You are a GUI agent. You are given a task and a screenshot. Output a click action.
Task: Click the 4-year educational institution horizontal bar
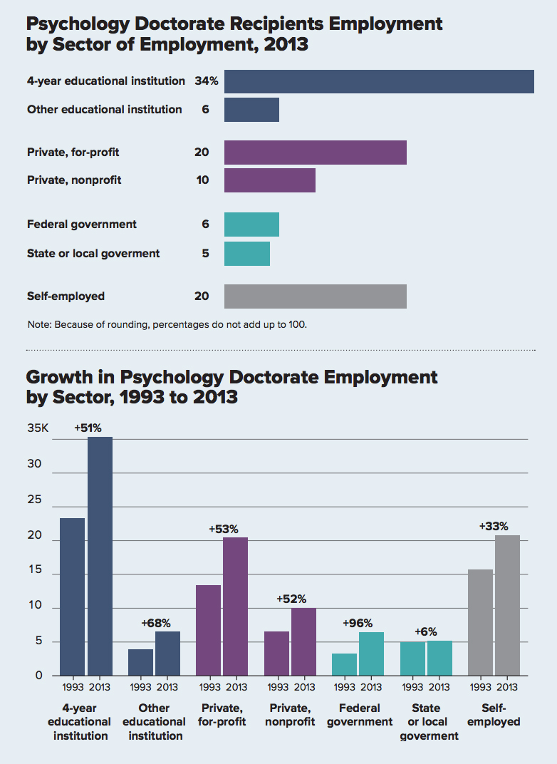tap(379, 81)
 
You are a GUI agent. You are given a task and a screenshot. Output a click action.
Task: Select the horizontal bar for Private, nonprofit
tap(269, 180)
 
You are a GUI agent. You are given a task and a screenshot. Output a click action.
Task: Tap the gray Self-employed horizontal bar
tap(315, 296)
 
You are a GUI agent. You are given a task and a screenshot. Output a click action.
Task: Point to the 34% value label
tap(207, 81)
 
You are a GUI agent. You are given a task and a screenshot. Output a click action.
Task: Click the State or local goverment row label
tap(93, 254)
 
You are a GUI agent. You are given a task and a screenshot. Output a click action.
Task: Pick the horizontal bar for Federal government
tap(251, 224)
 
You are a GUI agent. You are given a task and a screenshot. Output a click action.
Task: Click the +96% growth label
tap(358, 623)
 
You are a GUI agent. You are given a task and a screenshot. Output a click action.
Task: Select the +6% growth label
tap(426, 631)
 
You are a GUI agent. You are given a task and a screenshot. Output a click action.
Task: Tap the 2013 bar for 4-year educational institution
tap(100, 556)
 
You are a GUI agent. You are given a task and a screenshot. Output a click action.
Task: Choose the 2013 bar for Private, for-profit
tap(236, 606)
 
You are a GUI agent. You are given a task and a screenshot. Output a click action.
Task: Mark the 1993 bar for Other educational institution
tap(140, 662)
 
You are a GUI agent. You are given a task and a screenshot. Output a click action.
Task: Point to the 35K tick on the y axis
tap(37, 429)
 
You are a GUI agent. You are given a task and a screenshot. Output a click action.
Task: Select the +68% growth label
tap(156, 623)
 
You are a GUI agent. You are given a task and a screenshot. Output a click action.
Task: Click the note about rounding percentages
tap(167, 325)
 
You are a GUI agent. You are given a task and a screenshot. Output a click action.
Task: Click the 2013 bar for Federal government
tap(372, 654)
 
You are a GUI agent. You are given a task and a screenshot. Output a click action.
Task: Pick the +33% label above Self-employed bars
tap(494, 527)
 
